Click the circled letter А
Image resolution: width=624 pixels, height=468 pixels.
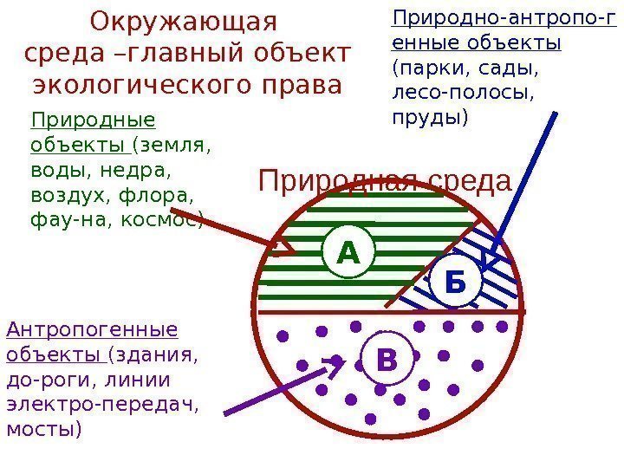[x=348, y=253]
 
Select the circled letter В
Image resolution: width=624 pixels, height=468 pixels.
[x=387, y=359]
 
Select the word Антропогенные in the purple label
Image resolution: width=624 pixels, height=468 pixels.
[x=91, y=329]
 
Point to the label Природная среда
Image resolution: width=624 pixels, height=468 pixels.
[x=386, y=183]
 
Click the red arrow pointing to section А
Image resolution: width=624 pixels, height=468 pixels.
[x=234, y=229]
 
